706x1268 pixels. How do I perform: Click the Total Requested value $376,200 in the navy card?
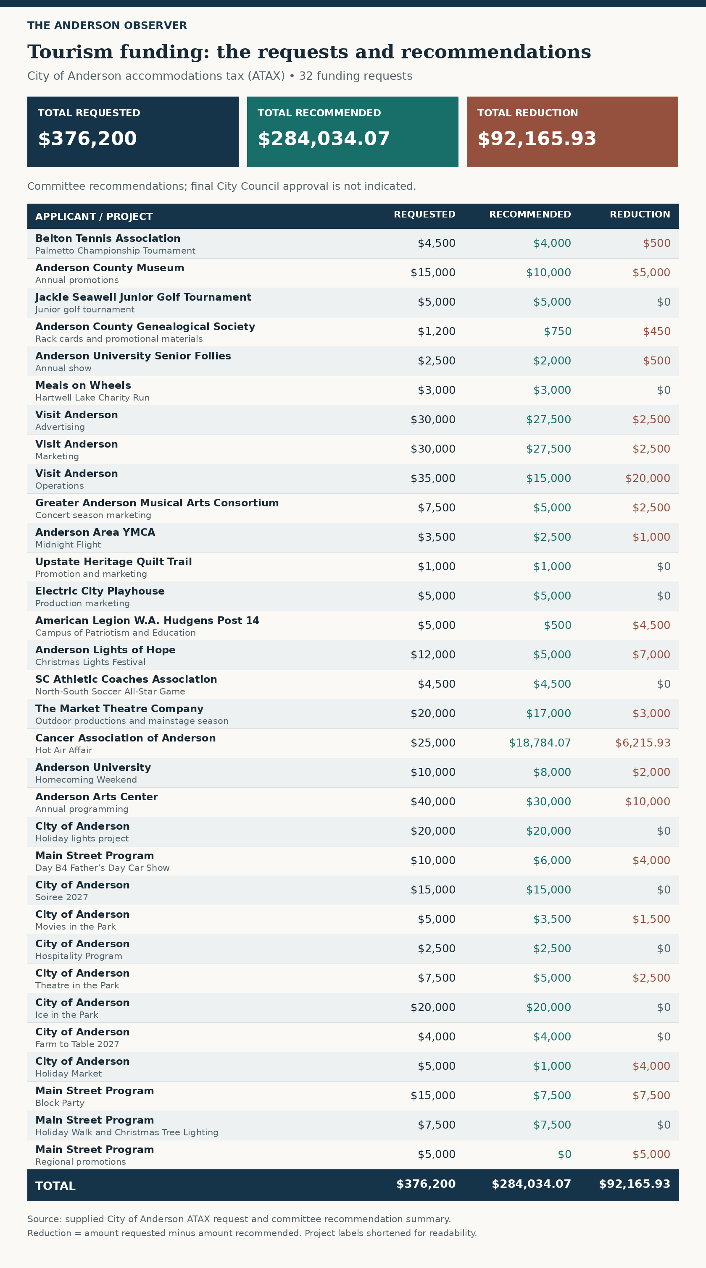87,139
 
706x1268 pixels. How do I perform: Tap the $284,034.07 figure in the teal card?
324,139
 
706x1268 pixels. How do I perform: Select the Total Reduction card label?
528,113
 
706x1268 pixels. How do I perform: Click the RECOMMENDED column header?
530,215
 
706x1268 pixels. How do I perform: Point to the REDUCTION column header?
640,215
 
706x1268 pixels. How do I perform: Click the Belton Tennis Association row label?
108,238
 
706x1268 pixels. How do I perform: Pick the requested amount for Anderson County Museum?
433,272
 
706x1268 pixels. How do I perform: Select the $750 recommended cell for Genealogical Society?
558,331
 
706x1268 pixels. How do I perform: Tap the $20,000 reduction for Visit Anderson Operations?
648,479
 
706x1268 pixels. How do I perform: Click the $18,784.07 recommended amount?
540,743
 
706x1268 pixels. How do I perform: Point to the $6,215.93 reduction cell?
643,743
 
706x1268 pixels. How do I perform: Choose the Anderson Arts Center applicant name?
97,797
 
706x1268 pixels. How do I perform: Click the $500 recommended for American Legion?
558,625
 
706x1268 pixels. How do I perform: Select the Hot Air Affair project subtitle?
64,750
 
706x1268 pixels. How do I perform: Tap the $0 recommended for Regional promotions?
565,1154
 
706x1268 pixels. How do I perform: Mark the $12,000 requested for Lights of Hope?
433,655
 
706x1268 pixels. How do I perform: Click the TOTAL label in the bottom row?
55,1186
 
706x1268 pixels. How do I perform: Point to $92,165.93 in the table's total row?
635,1184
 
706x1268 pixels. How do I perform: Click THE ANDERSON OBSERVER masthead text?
107,26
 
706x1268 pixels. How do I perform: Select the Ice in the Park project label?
67,1014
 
